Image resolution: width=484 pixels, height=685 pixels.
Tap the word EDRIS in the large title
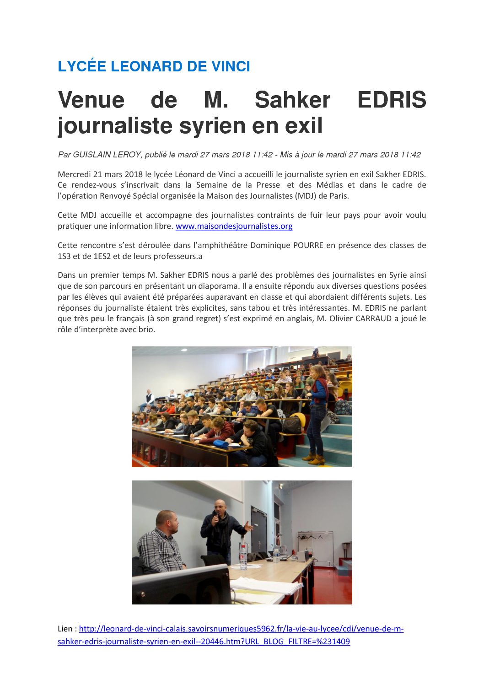tap(392, 100)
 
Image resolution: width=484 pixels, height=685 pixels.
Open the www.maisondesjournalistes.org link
tap(234, 226)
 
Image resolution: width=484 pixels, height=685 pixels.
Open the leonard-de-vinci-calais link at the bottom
tap(241, 629)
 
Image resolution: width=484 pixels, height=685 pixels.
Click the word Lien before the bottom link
tap(65, 629)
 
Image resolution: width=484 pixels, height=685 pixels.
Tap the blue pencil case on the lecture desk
tap(220, 443)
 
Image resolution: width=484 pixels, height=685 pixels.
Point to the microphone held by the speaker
tap(215, 519)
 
